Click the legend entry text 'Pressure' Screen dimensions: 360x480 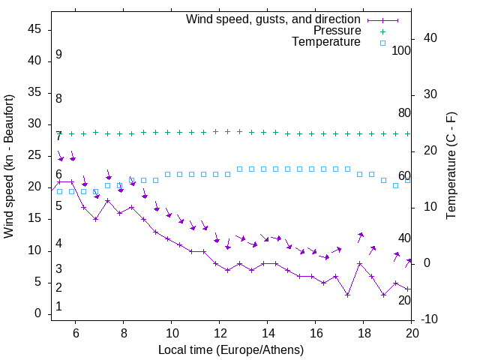coord(337,31)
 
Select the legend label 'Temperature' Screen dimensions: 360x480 coord(326,43)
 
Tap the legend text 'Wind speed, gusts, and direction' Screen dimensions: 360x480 coord(274,19)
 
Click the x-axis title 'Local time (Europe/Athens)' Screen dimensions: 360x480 coord(231,349)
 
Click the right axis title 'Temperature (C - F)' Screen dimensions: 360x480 coord(451,166)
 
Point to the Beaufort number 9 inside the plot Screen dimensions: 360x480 coord(58,55)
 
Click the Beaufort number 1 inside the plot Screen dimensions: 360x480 coord(58,307)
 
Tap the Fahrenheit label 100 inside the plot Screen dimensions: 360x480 coord(401,51)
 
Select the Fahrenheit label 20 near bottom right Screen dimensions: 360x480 coord(404,300)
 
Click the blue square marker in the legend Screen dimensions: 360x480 coord(382,43)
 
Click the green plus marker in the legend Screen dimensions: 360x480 coord(382,31)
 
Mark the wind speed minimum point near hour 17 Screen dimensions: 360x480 coord(348,295)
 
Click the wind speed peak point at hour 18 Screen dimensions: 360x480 coord(360,264)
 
